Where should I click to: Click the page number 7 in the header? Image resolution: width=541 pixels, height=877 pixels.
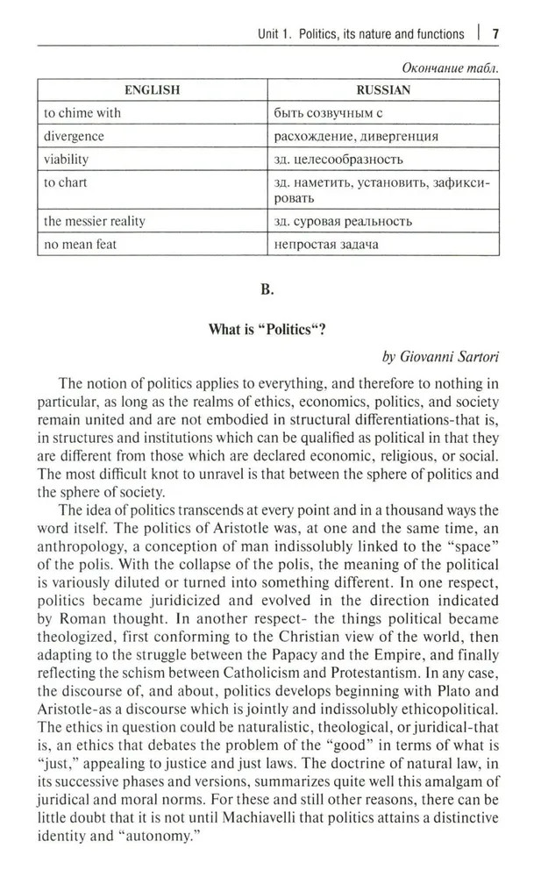[x=495, y=33]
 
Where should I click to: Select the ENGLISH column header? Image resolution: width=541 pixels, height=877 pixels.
[x=152, y=89]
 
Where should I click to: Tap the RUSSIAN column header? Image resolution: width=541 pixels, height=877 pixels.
[x=383, y=89]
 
